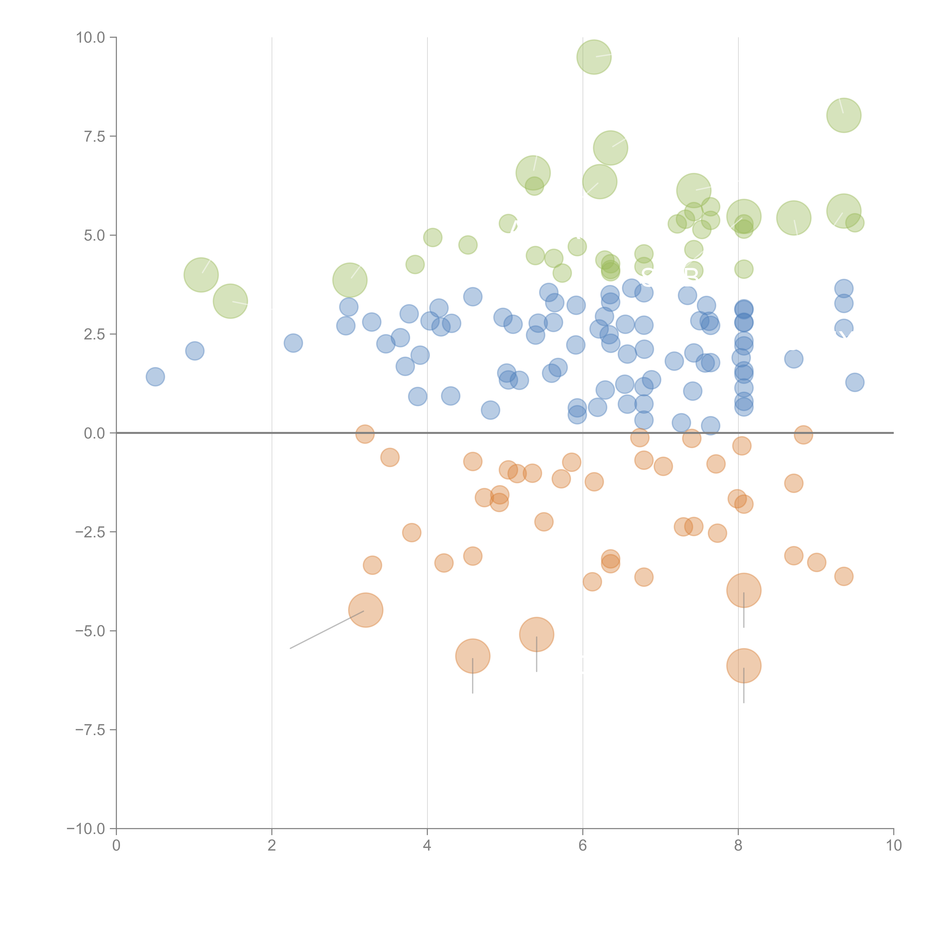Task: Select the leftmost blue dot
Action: (x=155, y=376)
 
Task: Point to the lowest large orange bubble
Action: (x=743, y=665)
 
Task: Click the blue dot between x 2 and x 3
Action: (x=293, y=343)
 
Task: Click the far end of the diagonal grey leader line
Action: (x=290, y=648)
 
